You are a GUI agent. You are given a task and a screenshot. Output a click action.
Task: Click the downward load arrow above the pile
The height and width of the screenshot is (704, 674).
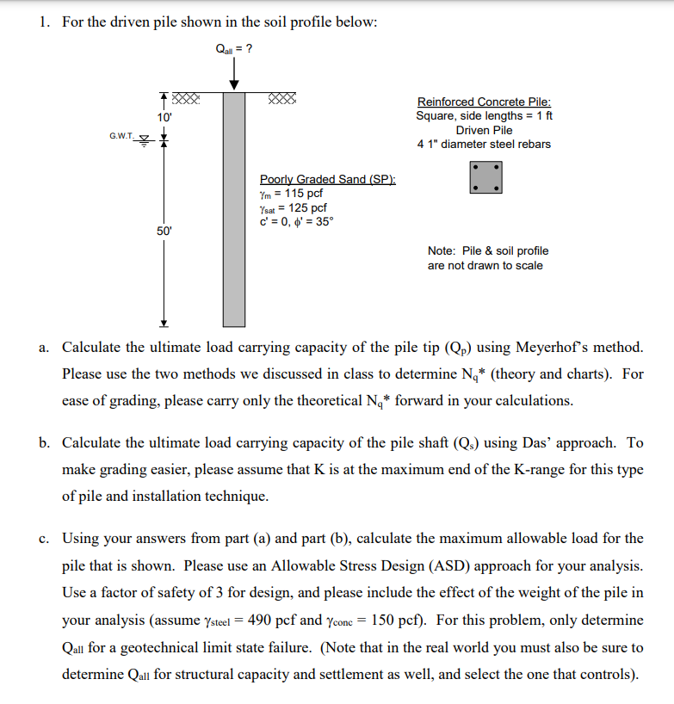pyautogui.click(x=233, y=76)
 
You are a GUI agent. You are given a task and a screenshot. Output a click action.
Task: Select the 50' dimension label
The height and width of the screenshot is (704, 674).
pyautogui.click(x=164, y=232)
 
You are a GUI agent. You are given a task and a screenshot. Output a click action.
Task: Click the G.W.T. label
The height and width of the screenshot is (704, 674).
pyautogui.click(x=123, y=136)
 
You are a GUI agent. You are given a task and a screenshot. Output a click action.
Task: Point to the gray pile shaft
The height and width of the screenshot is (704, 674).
pyautogui.click(x=233, y=207)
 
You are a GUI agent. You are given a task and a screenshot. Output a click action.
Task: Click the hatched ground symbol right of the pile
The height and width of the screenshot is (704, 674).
pyautogui.click(x=282, y=97)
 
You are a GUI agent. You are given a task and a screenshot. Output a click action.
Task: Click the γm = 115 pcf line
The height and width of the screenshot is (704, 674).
pyautogui.click(x=291, y=193)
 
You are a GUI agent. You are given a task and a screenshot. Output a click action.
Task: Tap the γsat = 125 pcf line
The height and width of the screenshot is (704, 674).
pyautogui.click(x=293, y=207)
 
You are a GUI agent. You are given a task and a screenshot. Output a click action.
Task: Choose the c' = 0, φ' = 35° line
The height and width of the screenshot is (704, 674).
pyautogui.click(x=296, y=221)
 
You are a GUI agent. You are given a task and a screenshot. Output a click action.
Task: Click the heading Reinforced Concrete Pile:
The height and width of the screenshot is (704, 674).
pyautogui.click(x=484, y=102)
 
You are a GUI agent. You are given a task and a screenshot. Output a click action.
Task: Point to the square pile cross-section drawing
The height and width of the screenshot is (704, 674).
pyautogui.click(x=486, y=177)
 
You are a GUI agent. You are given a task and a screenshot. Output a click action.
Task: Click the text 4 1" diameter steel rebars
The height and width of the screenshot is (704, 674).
pyautogui.click(x=484, y=144)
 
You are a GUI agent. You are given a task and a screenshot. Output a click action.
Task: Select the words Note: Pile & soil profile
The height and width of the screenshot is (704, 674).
pyautogui.click(x=487, y=250)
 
